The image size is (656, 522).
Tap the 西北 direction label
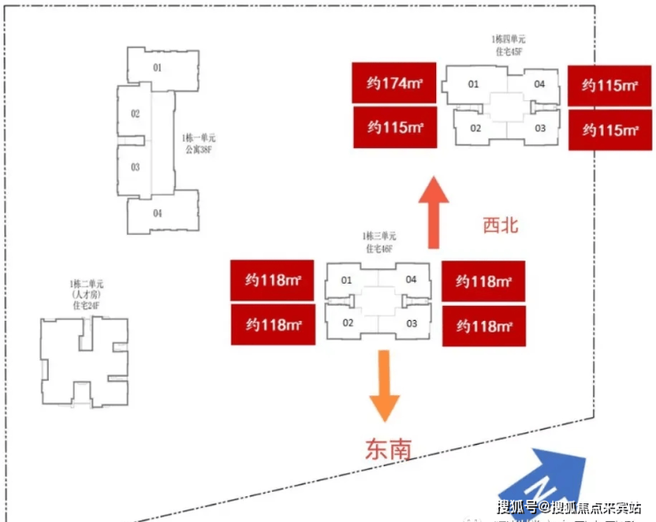pyautogui.click(x=499, y=225)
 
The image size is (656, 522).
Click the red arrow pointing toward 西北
pyautogui.click(x=434, y=214)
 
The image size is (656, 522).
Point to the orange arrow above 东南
pyautogui.click(x=385, y=384)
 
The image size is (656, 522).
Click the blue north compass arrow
pyautogui.click(x=543, y=479)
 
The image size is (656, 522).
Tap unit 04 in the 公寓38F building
pyautogui.click(x=157, y=213)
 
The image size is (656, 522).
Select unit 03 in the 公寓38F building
pyautogui.click(x=136, y=167)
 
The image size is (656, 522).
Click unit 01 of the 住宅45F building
pyautogui.click(x=473, y=84)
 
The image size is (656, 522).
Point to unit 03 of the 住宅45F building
pyautogui.click(x=540, y=129)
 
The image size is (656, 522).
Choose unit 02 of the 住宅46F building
pyautogui.click(x=348, y=323)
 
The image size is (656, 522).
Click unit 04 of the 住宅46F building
pyautogui.click(x=411, y=280)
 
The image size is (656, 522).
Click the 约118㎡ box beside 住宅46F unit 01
pyautogui.click(x=273, y=281)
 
